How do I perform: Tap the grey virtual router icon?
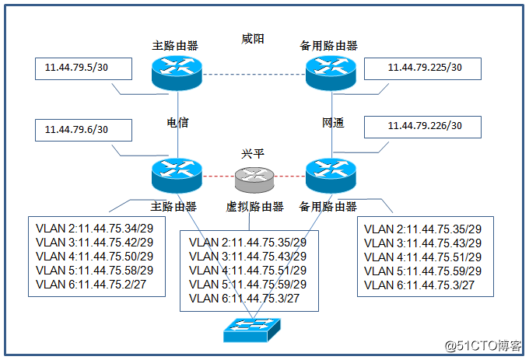point(254,180)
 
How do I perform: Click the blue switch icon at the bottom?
point(254,330)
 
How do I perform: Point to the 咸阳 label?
point(253,38)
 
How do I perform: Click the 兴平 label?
point(254,154)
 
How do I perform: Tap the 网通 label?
point(332,123)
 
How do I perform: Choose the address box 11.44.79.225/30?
point(423,68)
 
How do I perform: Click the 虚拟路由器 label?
point(254,207)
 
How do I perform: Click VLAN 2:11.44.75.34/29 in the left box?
point(95,229)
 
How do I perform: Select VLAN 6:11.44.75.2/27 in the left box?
point(92,285)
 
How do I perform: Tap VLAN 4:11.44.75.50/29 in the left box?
point(95,257)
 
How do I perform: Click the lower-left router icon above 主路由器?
point(177,176)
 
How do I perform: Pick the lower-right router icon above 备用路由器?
point(331,176)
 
